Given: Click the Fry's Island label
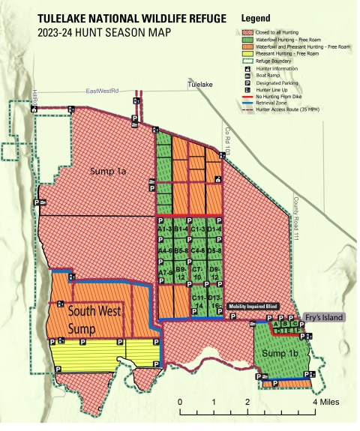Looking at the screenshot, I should click(324, 318).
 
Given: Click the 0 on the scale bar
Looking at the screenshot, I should click(180, 403).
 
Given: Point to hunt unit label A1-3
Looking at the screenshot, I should click(165, 229).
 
